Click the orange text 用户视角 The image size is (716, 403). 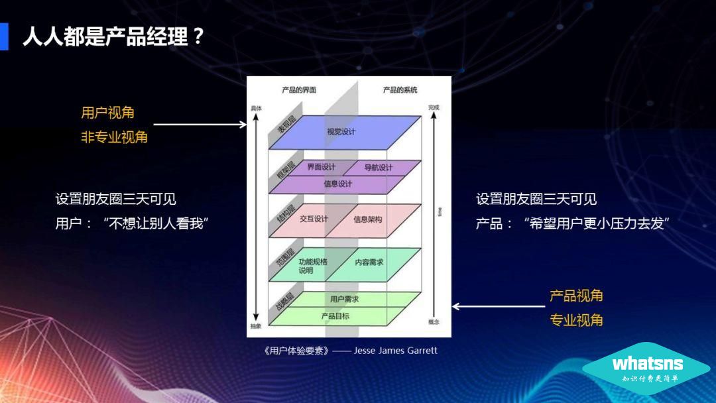pyautogui.click(x=108, y=113)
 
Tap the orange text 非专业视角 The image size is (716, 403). pyautogui.click(x=115, y=138)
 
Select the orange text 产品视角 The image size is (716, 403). pyautogui.click(x=576, y=296)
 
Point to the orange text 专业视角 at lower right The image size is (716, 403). pyautogui.click(x=576, y=320)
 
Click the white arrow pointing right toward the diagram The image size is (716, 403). pyautogui.click(x=200, y=124)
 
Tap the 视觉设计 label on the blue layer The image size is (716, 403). pyautogui.click(x=341, y=131)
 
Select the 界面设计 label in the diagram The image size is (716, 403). pyautogui.click(x=321, y=167)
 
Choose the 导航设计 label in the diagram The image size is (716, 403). pyautogui.click(x=379, y=168)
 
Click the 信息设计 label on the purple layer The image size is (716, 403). pyautogui.click(x=338, y=184)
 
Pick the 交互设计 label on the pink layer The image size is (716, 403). pyautogui.click(x=314, y=218)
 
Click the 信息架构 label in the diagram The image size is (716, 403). pyautogui.click(x=367, y=219)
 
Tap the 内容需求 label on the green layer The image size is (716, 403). pyautogui.click(x=369, y=262)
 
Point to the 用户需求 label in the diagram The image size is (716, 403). pyautogui.click(x=344, y=300)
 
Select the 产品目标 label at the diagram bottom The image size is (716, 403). pyautogui.click(x=335, y=316)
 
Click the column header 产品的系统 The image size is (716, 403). pyautogui.click(x=400, y=89)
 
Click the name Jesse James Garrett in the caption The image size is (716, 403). pyautogui.click(x=396, y=351)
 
